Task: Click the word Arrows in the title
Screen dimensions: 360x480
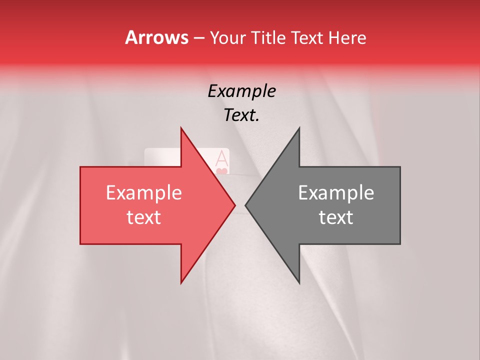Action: click(x=157, y=37)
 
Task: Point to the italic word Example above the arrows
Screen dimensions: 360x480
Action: click(x=241, y=91)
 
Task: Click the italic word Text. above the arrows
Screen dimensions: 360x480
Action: click(x=241, y=115)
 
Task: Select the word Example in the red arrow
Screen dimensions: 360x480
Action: click(x=143, y=193)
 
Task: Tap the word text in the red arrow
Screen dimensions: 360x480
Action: click(x=143, y=217)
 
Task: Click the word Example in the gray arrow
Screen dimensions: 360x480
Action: click(x=336, y=193)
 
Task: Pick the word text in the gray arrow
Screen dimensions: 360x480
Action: click(x=336, y=217)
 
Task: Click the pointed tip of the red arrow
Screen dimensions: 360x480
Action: click(x=235, y=205)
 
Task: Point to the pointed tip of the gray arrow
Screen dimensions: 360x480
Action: click(x=245, y=205)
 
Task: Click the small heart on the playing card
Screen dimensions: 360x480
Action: click(x=222, y=171)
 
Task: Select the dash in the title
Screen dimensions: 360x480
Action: click(x=198, y=38)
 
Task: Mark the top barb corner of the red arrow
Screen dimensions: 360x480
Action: click(x=181, y=128)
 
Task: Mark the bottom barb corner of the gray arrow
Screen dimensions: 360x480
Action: click(x=299, y=283)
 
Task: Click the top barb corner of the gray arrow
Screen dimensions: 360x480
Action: click(x=299, y=128)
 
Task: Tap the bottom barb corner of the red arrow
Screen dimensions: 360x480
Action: click(x=181, y=283)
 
